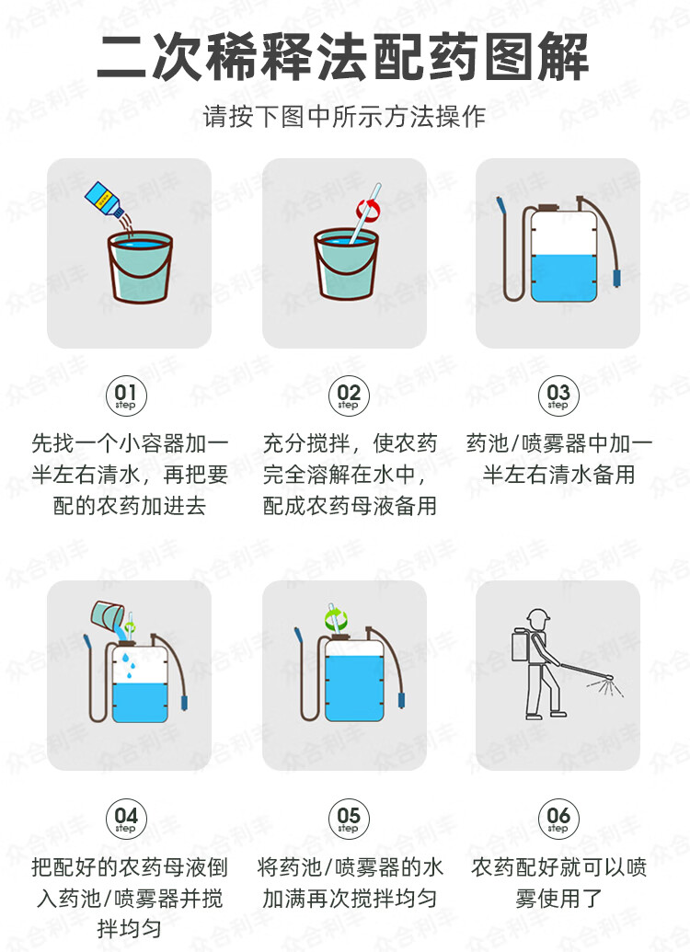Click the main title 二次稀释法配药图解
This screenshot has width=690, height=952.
coord(343,58)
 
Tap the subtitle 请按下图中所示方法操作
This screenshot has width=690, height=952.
coord(344,116)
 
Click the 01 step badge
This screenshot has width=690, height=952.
coord(126,396)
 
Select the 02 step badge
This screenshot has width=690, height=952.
coord(349,396)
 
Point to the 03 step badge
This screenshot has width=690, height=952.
coord(558,396)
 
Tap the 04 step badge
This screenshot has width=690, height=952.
coord(126,819)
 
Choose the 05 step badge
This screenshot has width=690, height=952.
coord(349,819)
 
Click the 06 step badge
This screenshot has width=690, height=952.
coord(558,819)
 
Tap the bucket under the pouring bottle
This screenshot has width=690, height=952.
coord(141,267)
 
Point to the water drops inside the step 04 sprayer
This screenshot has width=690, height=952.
coord(128,666)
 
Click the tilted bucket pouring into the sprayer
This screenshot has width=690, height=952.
coord(107,615)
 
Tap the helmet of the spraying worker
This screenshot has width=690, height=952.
coord(537,617)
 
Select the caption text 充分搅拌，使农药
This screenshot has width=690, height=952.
coord(350,443)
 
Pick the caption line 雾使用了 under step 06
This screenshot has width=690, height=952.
coord(558,899)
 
